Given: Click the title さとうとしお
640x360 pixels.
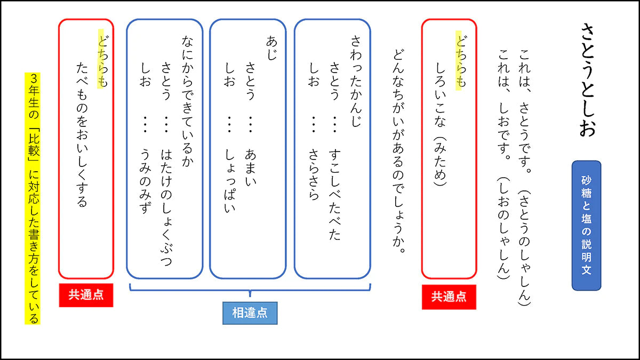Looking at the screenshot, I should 587,80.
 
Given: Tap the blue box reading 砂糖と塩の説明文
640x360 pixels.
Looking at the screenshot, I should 586,226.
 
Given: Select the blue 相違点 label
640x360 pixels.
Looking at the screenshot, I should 250,313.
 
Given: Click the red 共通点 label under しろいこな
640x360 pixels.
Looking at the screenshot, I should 449,297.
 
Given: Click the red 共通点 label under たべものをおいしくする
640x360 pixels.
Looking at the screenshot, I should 86,295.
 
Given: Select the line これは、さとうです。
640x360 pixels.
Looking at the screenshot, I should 525,103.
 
